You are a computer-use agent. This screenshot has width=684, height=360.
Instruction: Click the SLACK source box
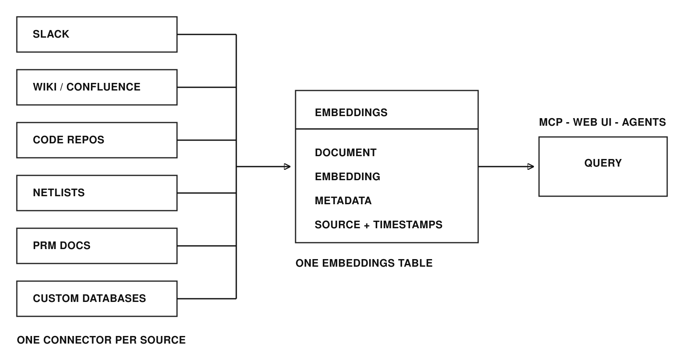(x=97, y=34)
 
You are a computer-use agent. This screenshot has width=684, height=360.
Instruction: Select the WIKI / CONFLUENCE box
(x=97, y=87)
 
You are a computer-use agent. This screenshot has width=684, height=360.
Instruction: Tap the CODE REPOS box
(x=97, y=140)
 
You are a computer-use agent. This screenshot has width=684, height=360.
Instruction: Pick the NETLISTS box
(x=97, y=193)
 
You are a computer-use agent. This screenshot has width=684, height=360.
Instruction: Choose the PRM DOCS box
(x=97, y=246)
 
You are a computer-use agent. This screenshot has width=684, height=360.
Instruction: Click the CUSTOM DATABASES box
(x=97, y=299)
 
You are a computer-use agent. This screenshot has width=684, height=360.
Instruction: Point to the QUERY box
(x=603, y=167)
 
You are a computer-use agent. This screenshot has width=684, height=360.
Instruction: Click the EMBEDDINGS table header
(x=387, y=110)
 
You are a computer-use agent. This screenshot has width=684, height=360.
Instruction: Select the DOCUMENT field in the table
(x=346, y=153)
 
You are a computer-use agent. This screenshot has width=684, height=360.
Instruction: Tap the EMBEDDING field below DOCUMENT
(x=348, y=177)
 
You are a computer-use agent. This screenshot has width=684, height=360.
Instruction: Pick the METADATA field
(x=343, y=201)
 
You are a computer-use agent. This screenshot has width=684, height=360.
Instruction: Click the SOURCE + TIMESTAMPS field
(x=379, y=225)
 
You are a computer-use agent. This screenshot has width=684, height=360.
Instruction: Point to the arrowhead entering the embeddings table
(x=288, y=167)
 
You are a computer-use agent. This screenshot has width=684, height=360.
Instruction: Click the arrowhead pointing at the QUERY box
(x=531, y=167)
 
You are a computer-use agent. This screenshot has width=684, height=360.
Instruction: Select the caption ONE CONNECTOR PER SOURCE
(x=101, y=340)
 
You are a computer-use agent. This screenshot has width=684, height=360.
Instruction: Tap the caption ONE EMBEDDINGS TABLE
(x=364, y=263)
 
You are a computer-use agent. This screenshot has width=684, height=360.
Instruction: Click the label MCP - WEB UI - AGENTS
(x=602, y=122)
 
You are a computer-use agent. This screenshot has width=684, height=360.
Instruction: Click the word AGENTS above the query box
(x=644, y=122)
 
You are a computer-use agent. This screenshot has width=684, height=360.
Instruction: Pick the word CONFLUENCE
(x=103, y=87)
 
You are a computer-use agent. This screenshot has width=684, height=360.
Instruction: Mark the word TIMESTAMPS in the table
(x=408, y=225)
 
